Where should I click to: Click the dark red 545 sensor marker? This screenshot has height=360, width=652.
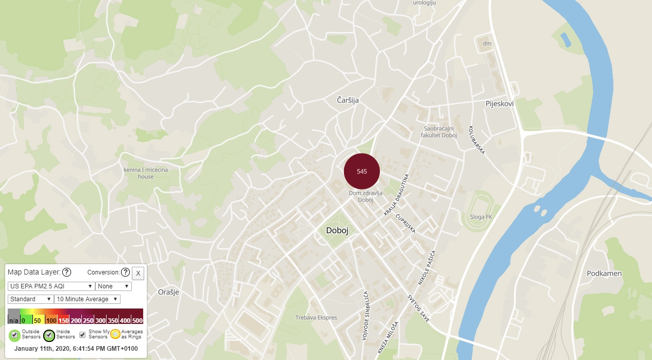[362, 172]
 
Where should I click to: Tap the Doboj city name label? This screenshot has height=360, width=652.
[337, 231]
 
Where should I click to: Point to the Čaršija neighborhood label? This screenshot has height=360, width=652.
[348, 100]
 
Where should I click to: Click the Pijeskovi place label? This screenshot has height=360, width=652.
[500, 104]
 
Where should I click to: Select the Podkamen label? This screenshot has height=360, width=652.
[604, 273]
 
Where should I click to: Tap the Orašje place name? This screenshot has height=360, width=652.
[168, 292]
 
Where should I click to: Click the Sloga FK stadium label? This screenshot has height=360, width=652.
[481, 217]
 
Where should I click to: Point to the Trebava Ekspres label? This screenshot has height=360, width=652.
[316, 318]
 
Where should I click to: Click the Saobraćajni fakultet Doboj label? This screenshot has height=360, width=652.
[440, 132]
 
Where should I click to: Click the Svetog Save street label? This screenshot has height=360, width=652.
[419, 308]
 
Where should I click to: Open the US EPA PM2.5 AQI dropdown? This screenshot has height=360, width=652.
[51, 286]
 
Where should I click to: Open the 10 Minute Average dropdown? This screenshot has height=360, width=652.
[87, 299]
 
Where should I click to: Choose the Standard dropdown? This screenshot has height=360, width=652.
[31, 299]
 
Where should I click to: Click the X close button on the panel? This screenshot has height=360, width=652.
[138, 273]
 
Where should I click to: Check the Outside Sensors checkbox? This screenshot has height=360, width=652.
[15, 334]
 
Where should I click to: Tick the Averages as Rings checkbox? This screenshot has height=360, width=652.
[115, 334]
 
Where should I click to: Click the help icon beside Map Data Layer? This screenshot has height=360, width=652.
[66, 272]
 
